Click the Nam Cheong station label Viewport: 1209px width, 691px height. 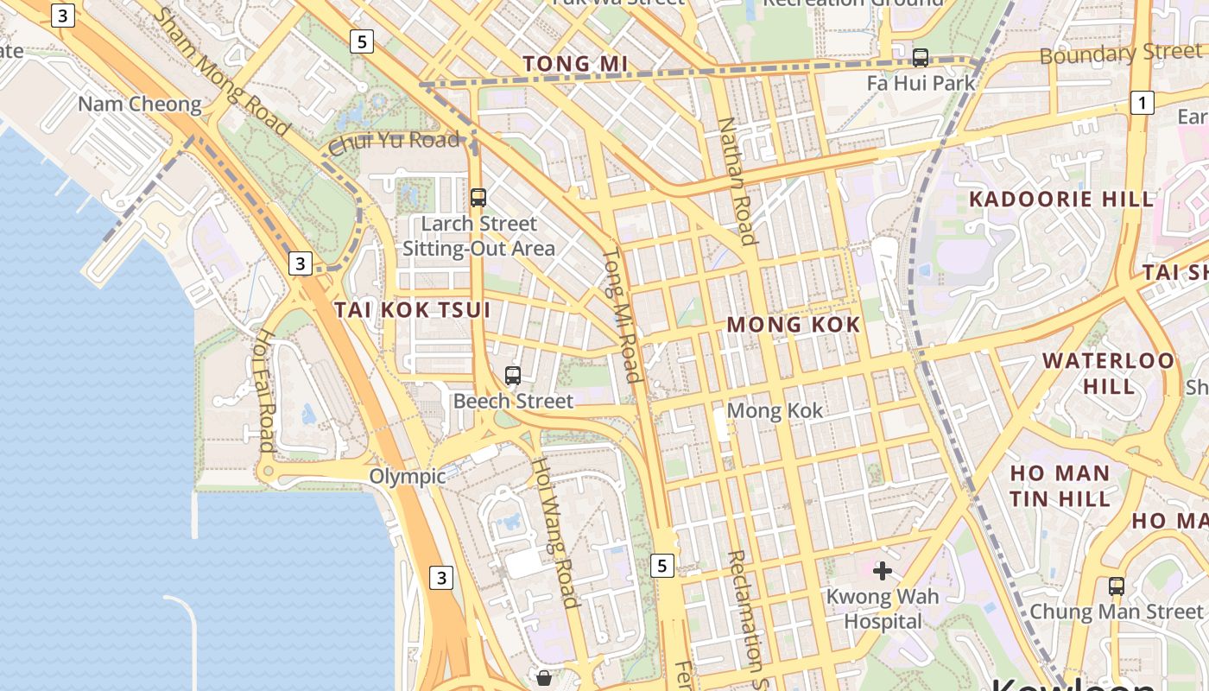pos(139,105)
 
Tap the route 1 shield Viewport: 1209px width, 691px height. pos(1143,104)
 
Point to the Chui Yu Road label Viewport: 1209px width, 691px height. pos(394,141)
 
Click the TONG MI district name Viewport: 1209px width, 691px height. pos(575,64)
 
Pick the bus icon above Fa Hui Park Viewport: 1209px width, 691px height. pos(921,58)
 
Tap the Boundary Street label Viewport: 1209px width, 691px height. pos(1120,54)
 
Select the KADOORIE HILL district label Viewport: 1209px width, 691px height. pos(1060,199)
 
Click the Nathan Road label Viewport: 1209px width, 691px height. pos(737,181)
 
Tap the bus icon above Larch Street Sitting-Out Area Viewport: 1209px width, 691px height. pos(478,197)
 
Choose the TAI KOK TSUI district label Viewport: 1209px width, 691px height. pos(413,310)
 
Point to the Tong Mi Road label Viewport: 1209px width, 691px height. pos(622,315)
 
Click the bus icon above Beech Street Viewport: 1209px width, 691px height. pos(513,376)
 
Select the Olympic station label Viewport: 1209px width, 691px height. pos(408,476)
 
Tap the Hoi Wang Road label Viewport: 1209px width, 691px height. pos(554,532)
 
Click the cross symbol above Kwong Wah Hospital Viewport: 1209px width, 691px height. pos(882,571)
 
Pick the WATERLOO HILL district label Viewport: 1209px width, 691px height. pos(1109,373)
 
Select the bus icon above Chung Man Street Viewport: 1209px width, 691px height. pos(1117,586)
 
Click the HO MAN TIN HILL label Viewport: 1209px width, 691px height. pos(1060,485)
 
